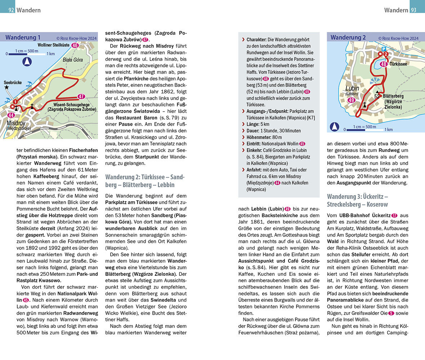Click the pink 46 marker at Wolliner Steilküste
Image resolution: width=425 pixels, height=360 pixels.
pyautogui.click(x=75, y=45)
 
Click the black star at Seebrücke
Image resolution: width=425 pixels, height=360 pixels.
pyautogui.click(x=6, y=87)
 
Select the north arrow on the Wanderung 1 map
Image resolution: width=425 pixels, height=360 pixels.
pyautogui.click(x=26, y=62)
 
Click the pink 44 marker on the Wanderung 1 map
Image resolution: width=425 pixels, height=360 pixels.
pyautogui.click(x=11, y=115)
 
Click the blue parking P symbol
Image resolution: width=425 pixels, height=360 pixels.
pyautogui.click(x=384, y=49)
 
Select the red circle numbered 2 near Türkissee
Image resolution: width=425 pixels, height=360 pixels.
pyautogui.click(x=386, y=54)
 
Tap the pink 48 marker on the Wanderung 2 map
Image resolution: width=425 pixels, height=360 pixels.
pyautogui.click(x=384, y=64)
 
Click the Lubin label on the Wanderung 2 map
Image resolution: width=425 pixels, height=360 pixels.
pyautogui.click(x=352, y=88)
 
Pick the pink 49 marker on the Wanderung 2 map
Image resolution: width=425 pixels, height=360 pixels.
pyautogui.click(x=352, y=100)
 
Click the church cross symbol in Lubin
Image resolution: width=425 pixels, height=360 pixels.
pyautogui.click(x=364, y=105)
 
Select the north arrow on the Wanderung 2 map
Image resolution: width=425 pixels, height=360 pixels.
pyautogui.click(x=335, y=127)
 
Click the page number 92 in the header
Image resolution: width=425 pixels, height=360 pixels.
pyautogui.click(x=11, y=10)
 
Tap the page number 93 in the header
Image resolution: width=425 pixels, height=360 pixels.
pyautogui.click(x=413, y=10)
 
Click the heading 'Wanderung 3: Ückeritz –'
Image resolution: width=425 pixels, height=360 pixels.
pyautogui.click(x=357, y=197)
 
